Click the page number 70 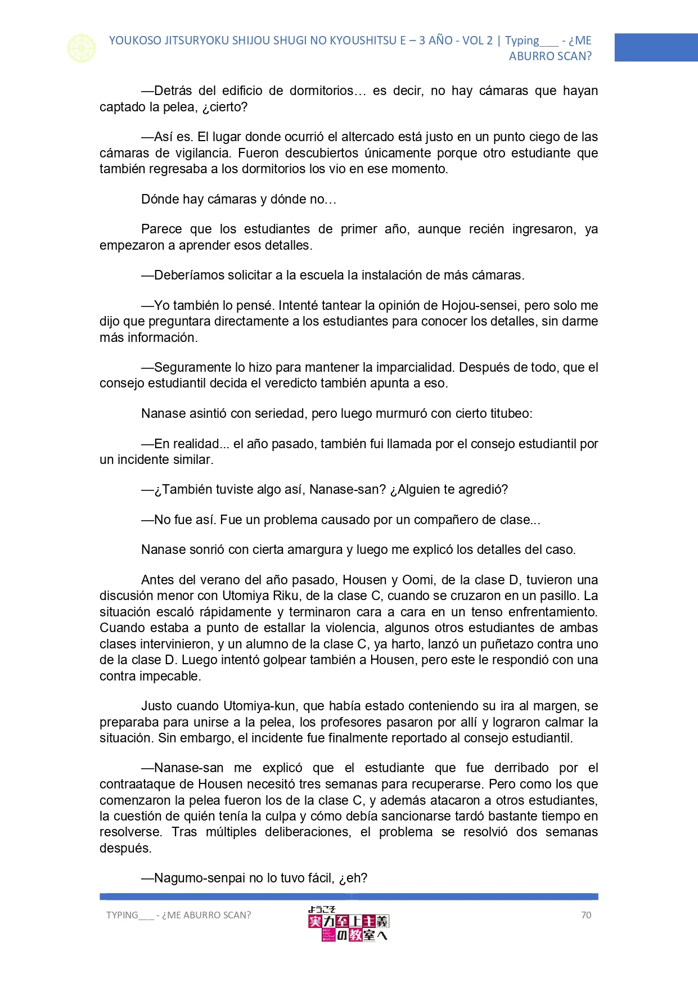click(586, 915)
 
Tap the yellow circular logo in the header click(82, 48)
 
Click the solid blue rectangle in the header click(656, 47)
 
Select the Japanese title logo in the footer click(348, 924)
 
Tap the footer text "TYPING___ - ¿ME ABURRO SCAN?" click(179, 915)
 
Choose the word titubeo click(510, 413)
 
